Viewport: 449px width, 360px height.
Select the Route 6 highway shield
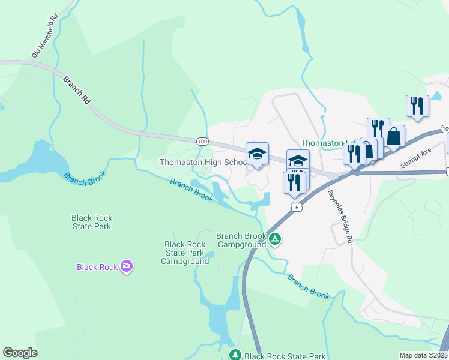pyautogui.click(x=296, y=207)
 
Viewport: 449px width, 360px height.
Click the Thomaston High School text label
pyautogui.click(x=203, y=163)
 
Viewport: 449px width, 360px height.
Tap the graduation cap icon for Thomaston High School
pyautogui.click(x=257, y=154)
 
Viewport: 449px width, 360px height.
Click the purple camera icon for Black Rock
pyautogui.click(x=126, y=266)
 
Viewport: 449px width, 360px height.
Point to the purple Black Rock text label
pyautogui.click(x=97, y=267)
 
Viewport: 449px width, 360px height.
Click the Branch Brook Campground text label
pyautogui.click(x=241, y=240)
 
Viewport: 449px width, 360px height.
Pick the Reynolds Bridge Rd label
pyautogui.click(x=339, y=216)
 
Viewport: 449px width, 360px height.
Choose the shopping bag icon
pyautogui.click(x=394, y=136)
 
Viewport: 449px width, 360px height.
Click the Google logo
pyautogui.click(x=20, y=353)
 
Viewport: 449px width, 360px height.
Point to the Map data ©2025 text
pyautogui.click(x=423, y=355)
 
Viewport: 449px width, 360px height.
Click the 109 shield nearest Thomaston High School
pyautogui.click(x=202, y=140)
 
